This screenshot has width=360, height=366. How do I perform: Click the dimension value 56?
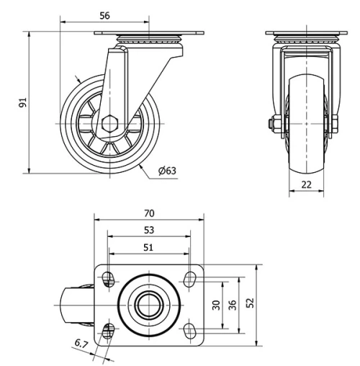pyautogui.click(x=104, y=15)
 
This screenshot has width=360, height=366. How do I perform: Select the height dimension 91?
pyautogui.click(x=23, y=102)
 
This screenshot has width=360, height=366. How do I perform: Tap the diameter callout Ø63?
pyautogui.click(x=166, y=171)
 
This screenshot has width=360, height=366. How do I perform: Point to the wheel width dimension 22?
pyautogui.click(x=306, y=184)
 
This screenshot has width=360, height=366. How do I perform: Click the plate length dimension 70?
pyautogui.click(x=149, y=213)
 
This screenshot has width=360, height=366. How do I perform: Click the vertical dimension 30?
pyautogui.click(x=216, y=305)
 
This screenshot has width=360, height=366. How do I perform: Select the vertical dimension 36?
pyautogui.click(x=232, y=305)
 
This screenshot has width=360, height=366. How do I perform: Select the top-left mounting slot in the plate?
pyautogui.click(x=109, y=278)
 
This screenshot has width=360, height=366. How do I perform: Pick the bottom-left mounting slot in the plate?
pyautogui.click(x=109, y=330)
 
